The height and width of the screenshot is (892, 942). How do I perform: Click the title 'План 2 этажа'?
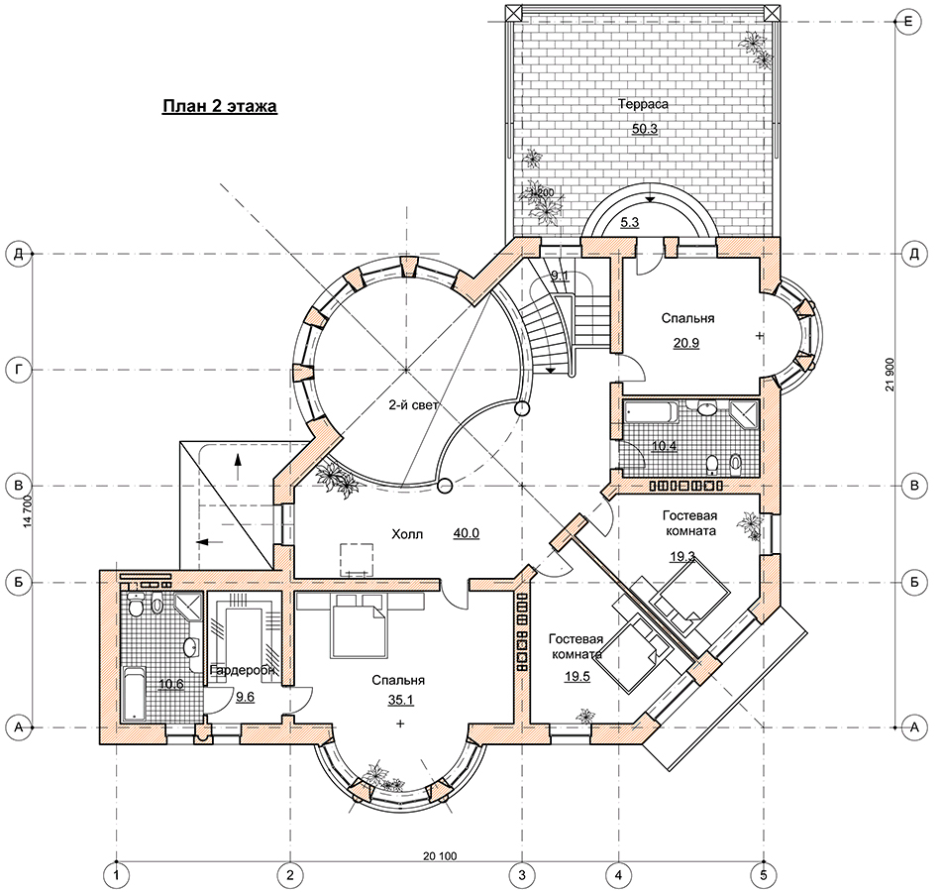pyautogui.click(x=219, y=106)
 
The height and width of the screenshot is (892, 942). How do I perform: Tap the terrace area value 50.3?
pyautogui.click(x=644, y=128)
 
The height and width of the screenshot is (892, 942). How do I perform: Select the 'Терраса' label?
pyautogui.click(x=644, y=103)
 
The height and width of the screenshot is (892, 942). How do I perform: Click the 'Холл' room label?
pyautogui.click(x=407, y=533)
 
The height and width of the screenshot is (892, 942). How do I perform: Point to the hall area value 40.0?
pyautogui.click(x=466, y=533)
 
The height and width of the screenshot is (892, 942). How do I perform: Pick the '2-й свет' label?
pyautogui.click(x=413, y=404)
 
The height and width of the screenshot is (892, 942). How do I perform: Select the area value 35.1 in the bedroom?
pyautogui.click(x=399, y=701)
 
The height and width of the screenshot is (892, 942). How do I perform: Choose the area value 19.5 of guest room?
pyautogui.click(x=577, y=677)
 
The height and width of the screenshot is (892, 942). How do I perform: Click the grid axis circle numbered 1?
pyautogui.click(x=117, y=875)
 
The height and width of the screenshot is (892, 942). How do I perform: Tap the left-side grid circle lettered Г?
pyautogui.click(x=17, y=370)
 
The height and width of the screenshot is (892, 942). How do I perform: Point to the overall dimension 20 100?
pyautogui.click(x=439, y=855)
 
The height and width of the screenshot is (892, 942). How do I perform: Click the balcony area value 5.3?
pyautogui.click(x=629, y=223)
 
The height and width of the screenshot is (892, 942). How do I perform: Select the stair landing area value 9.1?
pyautogui.click(x=559, y=276)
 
